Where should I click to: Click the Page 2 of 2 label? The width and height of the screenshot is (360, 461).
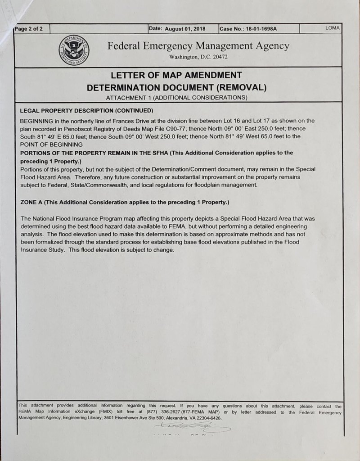28,29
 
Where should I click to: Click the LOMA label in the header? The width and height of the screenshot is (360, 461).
333,28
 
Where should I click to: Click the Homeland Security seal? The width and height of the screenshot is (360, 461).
74,50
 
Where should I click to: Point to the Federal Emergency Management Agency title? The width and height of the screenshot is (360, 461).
198,46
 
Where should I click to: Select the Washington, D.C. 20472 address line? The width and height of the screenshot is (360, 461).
198,57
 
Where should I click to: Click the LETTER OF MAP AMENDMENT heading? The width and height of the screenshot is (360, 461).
176,75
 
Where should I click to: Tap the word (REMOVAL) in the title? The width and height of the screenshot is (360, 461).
241,86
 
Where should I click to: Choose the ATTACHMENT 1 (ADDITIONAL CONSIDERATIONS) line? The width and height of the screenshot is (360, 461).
176,97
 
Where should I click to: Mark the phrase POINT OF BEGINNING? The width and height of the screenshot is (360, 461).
52,145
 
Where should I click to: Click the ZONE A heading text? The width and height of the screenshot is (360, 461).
32,202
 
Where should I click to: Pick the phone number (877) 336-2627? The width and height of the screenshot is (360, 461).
162,412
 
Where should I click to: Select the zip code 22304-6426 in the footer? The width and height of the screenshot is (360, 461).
207,418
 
